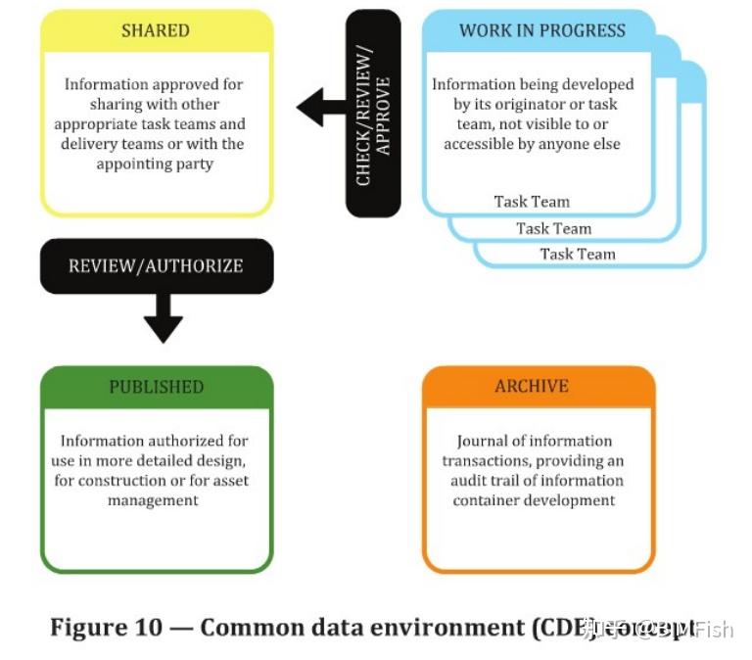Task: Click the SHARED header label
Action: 155,30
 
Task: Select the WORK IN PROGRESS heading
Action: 541,30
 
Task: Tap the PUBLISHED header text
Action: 156,386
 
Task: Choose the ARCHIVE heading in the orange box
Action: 532,386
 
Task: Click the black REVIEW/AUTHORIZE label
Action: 156,265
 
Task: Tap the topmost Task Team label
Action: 532,202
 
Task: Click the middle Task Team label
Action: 554,228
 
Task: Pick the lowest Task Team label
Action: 578,254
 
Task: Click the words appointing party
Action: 156,164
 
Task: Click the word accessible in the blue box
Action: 479,144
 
